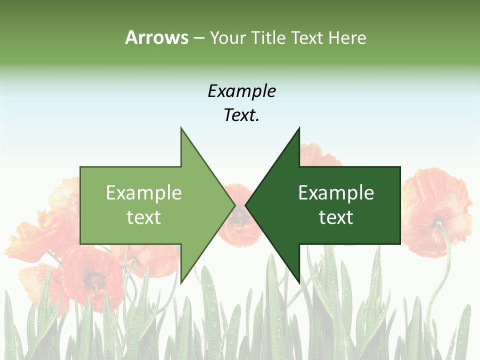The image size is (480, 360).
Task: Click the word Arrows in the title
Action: pyautogui.click(x=156, y=37)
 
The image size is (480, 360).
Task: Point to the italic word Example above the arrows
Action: pyautogui.click(x=241, y=91)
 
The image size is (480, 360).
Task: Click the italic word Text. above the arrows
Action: pyautogui.click(x=241, y=115)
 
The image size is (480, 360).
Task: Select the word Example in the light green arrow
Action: pyautogui.click(x=144, y=193)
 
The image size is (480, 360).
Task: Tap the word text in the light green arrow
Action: pyautogui.click(x=144, y=217)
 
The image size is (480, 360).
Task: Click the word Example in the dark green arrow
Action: pyautogui.click(x=336, y=193)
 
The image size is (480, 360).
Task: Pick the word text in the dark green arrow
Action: pyautogui.click(x=336, y=217)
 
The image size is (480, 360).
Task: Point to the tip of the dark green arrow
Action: pyautogui.click(x=247, y=205)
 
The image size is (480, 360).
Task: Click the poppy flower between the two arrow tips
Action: pyautogui.click(x=240, y=220)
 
